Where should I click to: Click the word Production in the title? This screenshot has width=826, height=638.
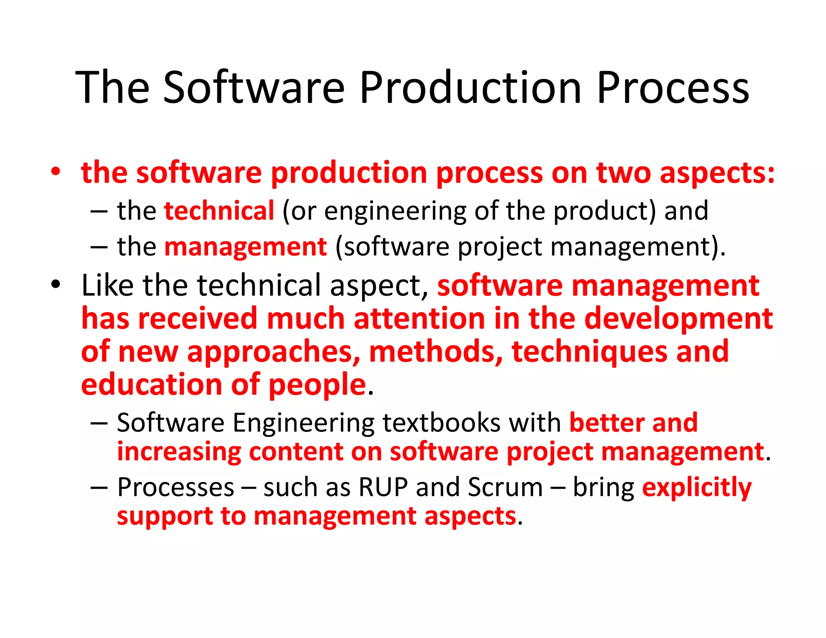click(470, 88)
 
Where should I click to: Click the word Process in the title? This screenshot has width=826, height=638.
click(672, 88)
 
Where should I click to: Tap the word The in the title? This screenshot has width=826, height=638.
click(112, 88)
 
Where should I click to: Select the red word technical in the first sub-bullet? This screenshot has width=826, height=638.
click(219, 211)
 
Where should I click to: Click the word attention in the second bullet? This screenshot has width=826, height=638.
click(419, 319)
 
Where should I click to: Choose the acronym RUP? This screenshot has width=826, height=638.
click(383, 487)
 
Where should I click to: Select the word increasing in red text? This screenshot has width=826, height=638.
click(179, 452)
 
